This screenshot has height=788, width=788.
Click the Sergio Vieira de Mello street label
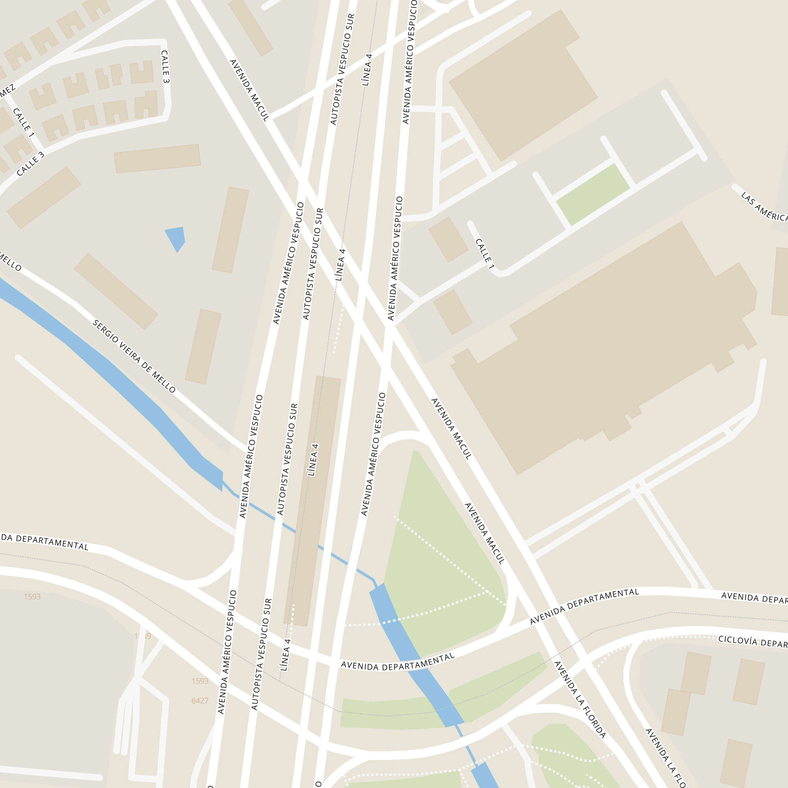click(134, 357)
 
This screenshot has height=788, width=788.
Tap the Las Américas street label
click(764, 207)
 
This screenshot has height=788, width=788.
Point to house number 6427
click(200, 701)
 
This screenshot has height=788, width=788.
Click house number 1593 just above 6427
click(200, 681)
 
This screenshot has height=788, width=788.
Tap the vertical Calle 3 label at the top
click(165, 67)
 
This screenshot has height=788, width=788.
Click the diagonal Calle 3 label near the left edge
click(30, 164)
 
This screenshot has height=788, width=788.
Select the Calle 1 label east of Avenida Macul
click(485, 253)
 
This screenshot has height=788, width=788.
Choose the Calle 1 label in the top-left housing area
click(23, 122)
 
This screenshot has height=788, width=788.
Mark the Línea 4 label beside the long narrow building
click(313, 460)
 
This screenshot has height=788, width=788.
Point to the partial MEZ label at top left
click(7, 91)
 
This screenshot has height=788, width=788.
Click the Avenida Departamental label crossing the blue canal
click(397, 662)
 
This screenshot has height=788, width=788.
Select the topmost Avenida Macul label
click(250, 90)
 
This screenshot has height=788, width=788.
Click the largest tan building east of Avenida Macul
click(604, 347)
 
